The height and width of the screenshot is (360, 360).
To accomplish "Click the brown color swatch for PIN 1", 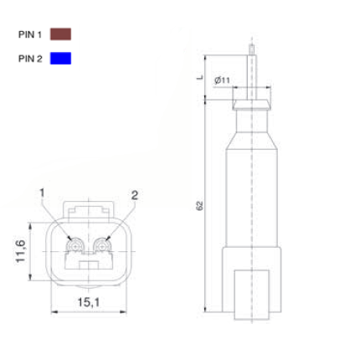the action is (x=60, y=34).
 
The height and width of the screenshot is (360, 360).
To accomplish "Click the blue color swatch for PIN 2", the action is (x=60, y=58).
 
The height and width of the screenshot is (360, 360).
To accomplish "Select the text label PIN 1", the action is (x=30, y=34).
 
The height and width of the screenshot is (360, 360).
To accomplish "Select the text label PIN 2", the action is (x=30, y=59).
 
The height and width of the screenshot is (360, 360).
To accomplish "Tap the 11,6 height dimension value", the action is (x=20, y=251).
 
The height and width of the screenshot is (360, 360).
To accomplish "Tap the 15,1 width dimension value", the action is (x=89, y=302).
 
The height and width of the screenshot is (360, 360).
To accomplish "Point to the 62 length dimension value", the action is (x=200, y=205).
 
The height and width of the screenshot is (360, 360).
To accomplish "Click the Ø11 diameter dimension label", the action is (x=222, y=80).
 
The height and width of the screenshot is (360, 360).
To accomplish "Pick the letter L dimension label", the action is (x=200, y=77).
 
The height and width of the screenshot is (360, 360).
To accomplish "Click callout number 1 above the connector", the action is (x=42, y=193).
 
